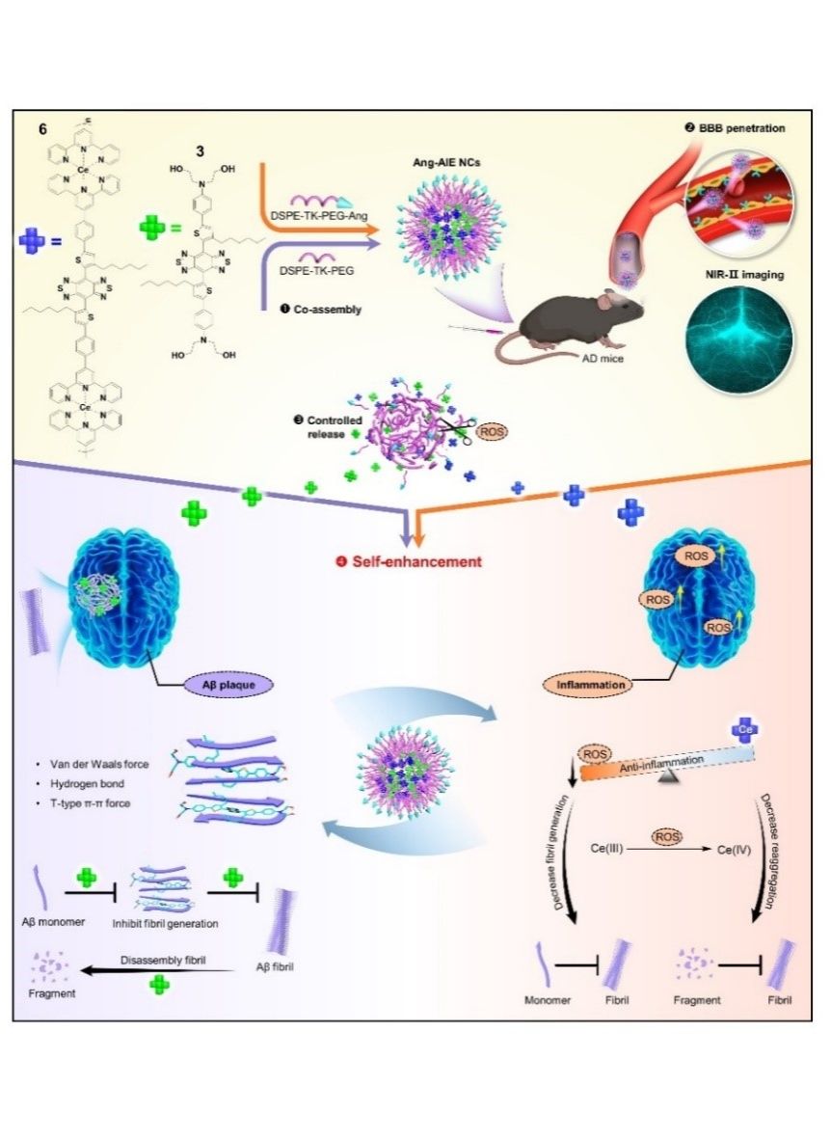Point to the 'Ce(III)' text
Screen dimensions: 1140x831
click(610, 850)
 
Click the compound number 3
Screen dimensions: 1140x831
click(200, 151)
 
